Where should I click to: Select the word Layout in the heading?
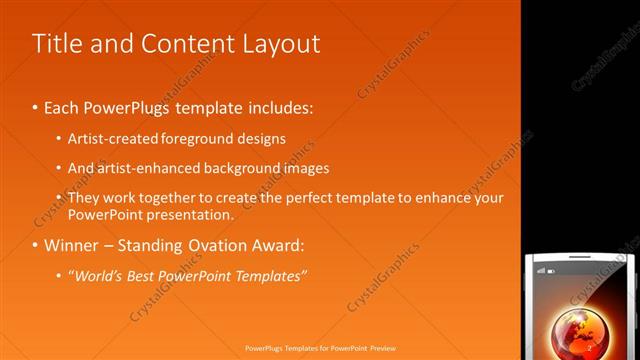(279, 44)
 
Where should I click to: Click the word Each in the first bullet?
(62, 106)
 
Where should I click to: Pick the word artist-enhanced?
(143, 168)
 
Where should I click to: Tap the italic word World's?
(96, 276)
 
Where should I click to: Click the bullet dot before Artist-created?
(58, 139)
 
